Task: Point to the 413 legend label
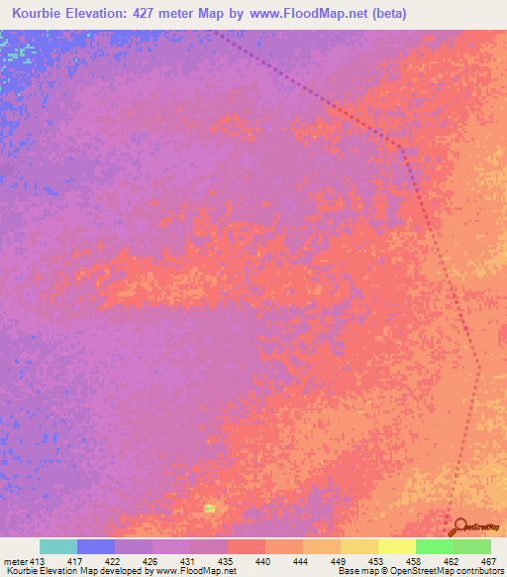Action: click(x=36, y=561)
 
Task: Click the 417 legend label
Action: click(x=73, y=561)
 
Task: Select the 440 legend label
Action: click(x=264, y=561)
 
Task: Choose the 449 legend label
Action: click(x=340, y=561)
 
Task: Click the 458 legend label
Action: click(x=415, y=561)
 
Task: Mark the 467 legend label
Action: click(x=488, y=561)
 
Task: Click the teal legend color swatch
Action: click(x=58, y=546)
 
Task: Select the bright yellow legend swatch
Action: click(x=396, y=546)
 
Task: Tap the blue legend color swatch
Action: click(x=96, y=546)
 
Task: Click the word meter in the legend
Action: click(x=14, y=561)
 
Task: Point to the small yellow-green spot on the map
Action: click(x=209, y=509)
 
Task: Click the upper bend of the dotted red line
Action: click(x=401, y=146)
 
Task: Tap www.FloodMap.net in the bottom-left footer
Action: click(x=189, y=572)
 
